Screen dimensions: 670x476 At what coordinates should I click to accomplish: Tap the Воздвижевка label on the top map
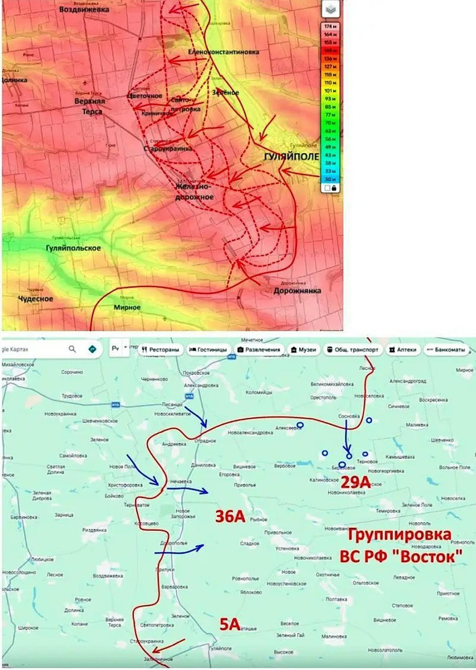click(84, 9)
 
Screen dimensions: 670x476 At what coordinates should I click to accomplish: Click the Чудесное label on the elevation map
click(36, 298)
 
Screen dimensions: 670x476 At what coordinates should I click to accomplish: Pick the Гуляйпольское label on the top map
click(70, 248)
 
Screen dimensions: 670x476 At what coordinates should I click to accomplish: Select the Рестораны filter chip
click(161, 350)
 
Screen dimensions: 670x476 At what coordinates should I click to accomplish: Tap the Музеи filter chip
click(303, 350)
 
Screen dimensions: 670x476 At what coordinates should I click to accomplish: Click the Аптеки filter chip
click(402, 350)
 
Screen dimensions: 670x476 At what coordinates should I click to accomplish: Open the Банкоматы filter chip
click(448, 350)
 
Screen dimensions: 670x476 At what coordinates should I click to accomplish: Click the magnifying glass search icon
click(72, 349)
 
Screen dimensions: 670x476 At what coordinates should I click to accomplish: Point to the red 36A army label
click(229, 516)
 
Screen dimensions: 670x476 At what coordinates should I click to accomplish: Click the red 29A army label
click(355, 482)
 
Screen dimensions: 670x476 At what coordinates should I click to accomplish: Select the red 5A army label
click(230, 625)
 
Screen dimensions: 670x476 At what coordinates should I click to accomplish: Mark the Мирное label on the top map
click(127, 307)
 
